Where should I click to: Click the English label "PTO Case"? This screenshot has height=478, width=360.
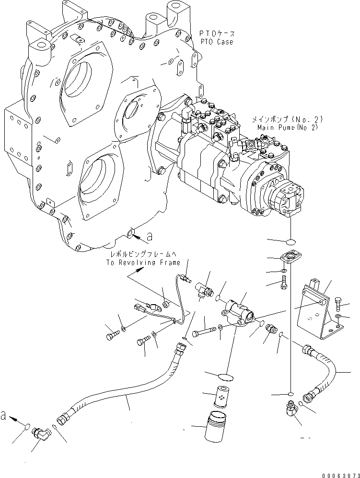coord(217,42)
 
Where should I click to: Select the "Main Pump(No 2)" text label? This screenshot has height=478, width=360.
coord(283,128)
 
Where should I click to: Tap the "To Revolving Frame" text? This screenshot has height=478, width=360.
coord(144,262)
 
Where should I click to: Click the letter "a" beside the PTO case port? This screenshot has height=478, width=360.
coord(150,236)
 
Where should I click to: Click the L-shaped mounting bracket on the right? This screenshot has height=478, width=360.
coord(317,311)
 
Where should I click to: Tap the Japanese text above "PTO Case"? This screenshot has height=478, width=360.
coord(217,34)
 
